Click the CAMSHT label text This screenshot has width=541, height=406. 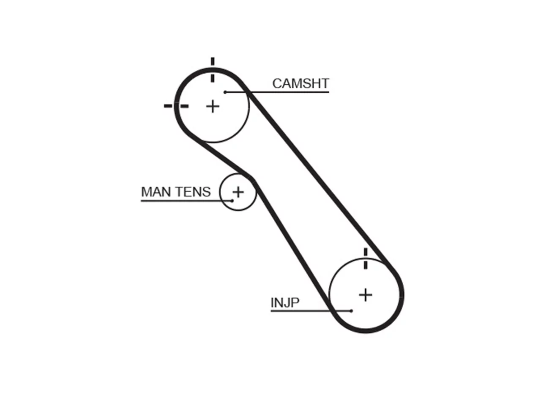(301, 84)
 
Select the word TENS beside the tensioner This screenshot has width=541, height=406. (194, 192)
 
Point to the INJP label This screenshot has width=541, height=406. (285, 302)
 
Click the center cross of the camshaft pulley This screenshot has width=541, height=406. (213, 107)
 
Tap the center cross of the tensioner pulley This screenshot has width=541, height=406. (238, 192)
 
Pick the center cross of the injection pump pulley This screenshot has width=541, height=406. (366, 295)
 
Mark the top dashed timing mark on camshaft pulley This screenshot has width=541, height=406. (213, 70)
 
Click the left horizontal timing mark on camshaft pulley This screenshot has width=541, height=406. (176, 106)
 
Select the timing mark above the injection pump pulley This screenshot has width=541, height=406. (366, 258)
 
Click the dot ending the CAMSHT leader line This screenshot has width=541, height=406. (225, 92)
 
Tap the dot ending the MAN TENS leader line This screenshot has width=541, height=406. (232, 200)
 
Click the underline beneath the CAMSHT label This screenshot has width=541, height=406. (277, 92)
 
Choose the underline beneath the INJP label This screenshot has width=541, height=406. (311, 311)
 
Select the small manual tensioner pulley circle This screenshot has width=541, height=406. (220, 192)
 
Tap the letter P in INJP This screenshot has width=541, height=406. (295, 302)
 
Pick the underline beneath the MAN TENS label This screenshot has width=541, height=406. (186, 201)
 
